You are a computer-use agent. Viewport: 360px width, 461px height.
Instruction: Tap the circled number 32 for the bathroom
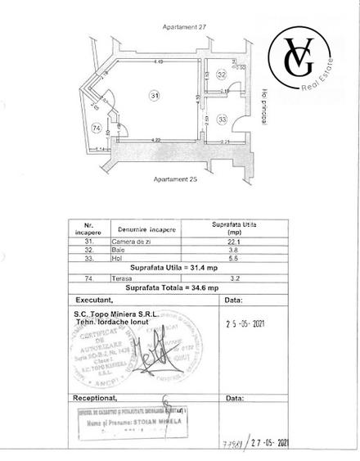[x=222, y=75]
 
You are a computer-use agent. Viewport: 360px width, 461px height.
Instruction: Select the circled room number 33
[x=223, y=120]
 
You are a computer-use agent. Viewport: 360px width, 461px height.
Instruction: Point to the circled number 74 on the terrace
[x=97, y=129]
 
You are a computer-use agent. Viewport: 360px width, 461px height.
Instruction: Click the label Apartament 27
[x=178, y=26]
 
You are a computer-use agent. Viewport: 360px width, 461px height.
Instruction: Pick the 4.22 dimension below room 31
[x=155, y=140]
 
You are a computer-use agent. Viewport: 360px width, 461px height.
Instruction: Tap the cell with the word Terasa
[x=124, y=278]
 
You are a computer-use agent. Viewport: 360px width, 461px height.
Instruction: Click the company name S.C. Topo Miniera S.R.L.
[x=114, y=314]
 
